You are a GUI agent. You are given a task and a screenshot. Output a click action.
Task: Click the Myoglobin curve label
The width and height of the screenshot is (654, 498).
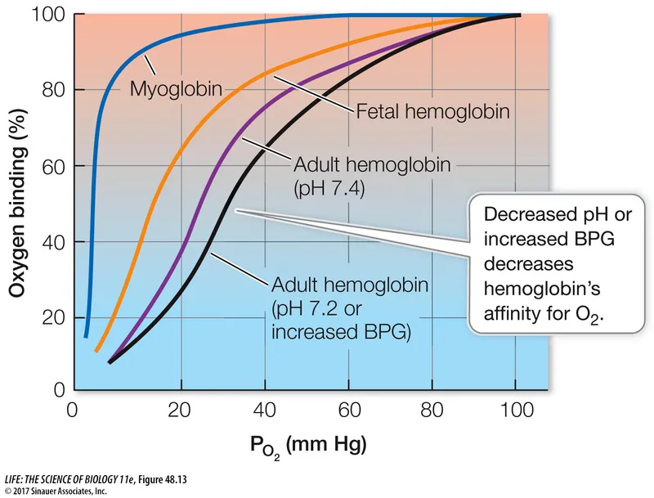click(x=176, y=87)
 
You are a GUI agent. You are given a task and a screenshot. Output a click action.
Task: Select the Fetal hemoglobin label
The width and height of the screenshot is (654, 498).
click(x=432, y=111)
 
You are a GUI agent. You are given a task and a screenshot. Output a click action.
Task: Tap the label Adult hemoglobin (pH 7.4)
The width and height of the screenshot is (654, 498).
click(x=370, y=175)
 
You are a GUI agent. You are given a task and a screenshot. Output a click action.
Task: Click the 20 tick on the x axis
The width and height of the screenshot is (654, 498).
click(x=181, y=410)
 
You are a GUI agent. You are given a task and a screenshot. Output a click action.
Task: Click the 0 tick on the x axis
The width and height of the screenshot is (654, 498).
click(x=74, y=410)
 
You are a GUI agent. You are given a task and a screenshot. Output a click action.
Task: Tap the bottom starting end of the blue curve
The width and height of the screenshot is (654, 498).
click(x=86, y=335)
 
